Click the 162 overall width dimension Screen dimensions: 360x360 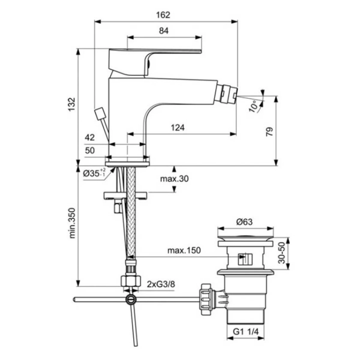click(x=163, y=15)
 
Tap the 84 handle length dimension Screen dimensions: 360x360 click(x=164, y=31)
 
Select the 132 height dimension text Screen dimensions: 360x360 click(x=72, y=104)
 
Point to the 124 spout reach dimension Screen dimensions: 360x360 click(x=178, y=127)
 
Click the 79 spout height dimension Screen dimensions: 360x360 click(x=269, y=132)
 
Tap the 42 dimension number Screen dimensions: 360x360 click(x=90, y=137)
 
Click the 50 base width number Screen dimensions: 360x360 click(x=90, y=150)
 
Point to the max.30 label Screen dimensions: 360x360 click(x=174, y=179)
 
